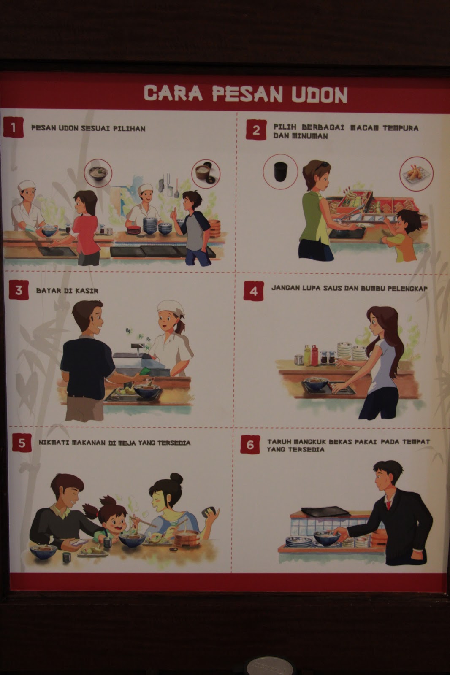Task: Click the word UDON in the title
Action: pyautogui.click(x=320, y=94)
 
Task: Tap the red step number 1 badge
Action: pyautogui.click(x=13, y=127)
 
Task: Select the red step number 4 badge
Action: pyautogui.click(x=254, y=291)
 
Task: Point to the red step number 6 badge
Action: pyautogui.click(x=250, y=445)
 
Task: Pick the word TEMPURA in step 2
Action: pyautogui.click(x=401, y=128)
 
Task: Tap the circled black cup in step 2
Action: pyautogui.click(x=280, y=171)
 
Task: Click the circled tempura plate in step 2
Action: pyautogui.click(x=417, y=173)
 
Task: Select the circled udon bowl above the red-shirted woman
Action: pyautogui.click(x=98, y=173)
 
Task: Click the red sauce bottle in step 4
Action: pyautogui.click(x=314, y=356)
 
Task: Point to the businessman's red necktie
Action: pyautogui.click(x=389, y=504)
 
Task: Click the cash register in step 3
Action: pyautogui.click(x=139, y=360)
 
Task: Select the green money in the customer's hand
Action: pyautogui.click(x=145, y=371)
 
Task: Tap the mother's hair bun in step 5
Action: pyautogui.click(x=176, y=478)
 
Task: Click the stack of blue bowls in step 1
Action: pyautogui.click(x=150, y=225)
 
